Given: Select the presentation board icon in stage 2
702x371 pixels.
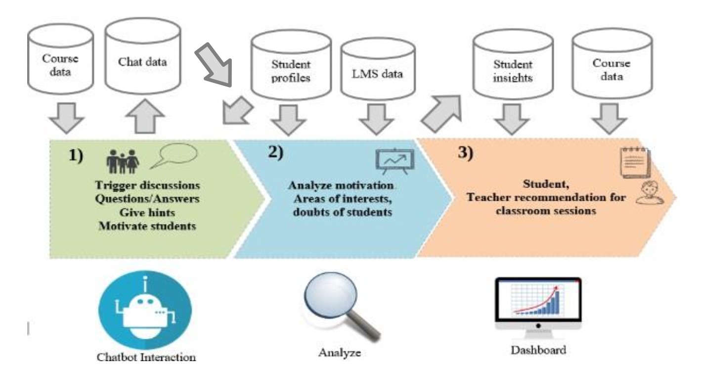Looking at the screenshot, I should [394, 161].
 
